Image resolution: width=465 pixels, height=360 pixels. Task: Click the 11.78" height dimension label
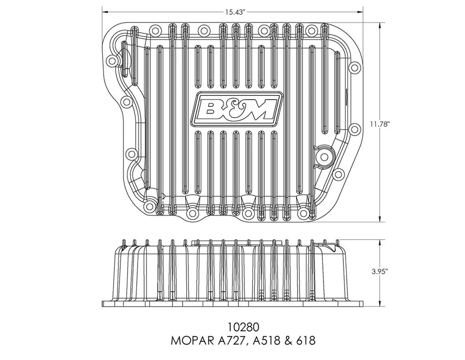[x=380, y=125]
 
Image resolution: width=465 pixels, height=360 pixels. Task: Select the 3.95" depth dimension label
[x=380, y=272]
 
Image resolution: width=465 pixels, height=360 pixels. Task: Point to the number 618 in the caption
[x=306, y=341]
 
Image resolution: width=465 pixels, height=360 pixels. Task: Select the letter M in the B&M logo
[x=259, y=109]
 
